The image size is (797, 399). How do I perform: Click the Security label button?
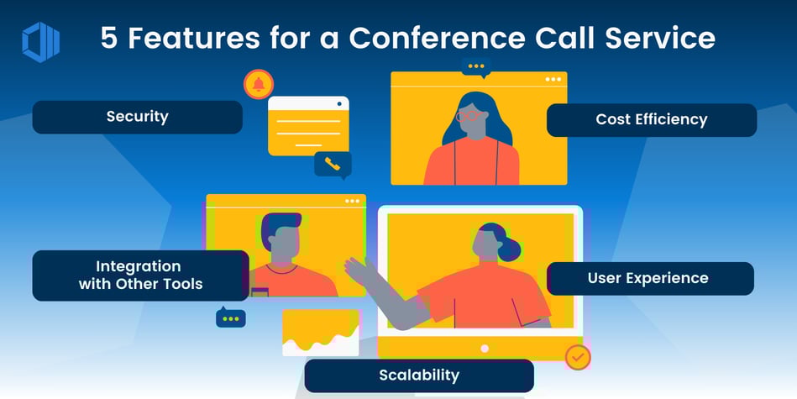(137, 117)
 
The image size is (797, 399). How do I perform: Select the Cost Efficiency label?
(651, 119)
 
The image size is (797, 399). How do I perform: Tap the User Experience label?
(648, 278)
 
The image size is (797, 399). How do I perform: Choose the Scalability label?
(418, 375)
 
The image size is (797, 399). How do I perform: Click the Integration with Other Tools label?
(140, 275)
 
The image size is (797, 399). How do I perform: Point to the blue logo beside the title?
(40, 41)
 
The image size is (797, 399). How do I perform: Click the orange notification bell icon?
(259, 84)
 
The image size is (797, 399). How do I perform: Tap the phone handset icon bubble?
(333, 164)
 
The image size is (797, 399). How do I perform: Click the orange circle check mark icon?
(577, 357)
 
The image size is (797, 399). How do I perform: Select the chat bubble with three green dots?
(231, 318)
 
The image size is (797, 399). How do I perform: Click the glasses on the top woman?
(471, 116)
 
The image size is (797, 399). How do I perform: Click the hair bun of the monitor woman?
(511, 249)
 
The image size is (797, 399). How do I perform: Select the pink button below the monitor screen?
(484, 348)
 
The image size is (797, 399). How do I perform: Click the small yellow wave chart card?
(320, 333)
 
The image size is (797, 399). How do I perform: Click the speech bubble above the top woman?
(476, 67)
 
